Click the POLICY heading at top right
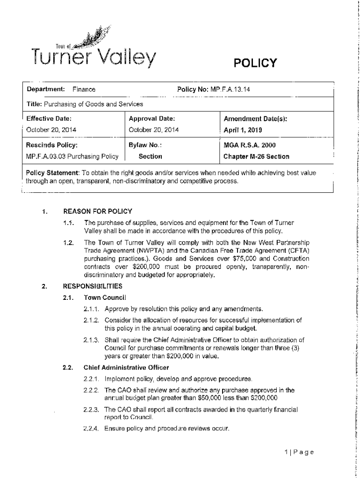pos(254,63)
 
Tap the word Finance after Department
pos(84,89)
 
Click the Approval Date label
pos(151,119)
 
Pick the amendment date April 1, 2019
pos(243,130)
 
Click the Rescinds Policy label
pos(51,145)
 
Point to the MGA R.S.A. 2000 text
pos(250,145)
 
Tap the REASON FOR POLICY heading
pos(98,211)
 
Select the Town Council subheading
pos(105,298)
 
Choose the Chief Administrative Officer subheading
pos(126,367)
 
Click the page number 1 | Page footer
pos(298,452)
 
